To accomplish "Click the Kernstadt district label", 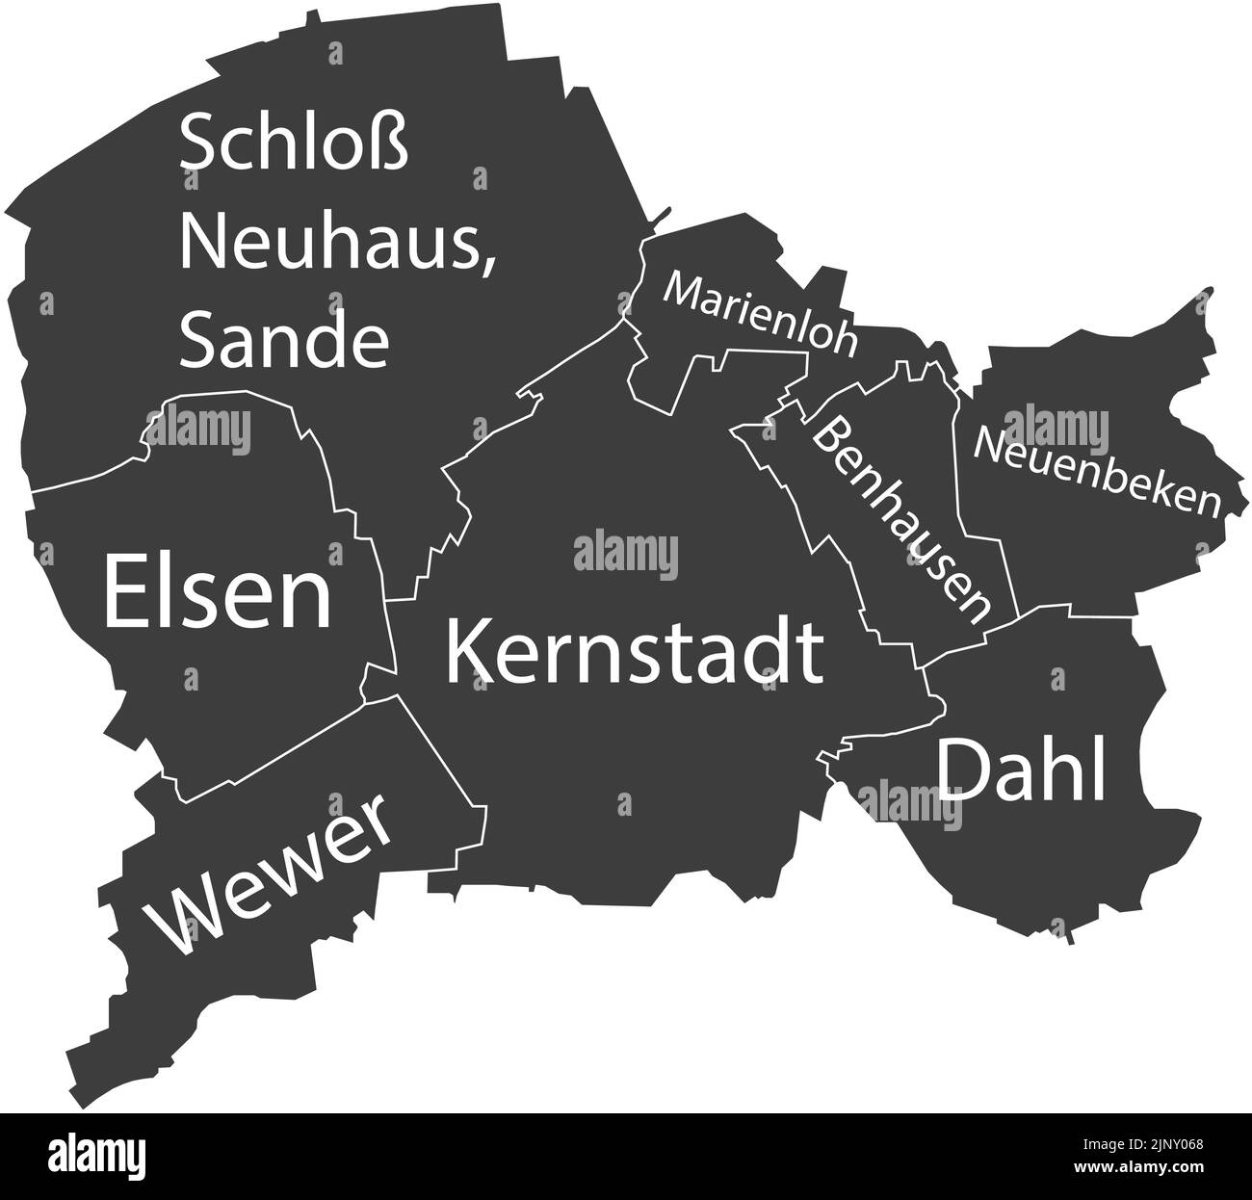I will (x=634, y=652).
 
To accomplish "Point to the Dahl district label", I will (x=1021, y=770).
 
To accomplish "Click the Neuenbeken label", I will (x=1097, y=472).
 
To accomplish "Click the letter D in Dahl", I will (x=963, y=770).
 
